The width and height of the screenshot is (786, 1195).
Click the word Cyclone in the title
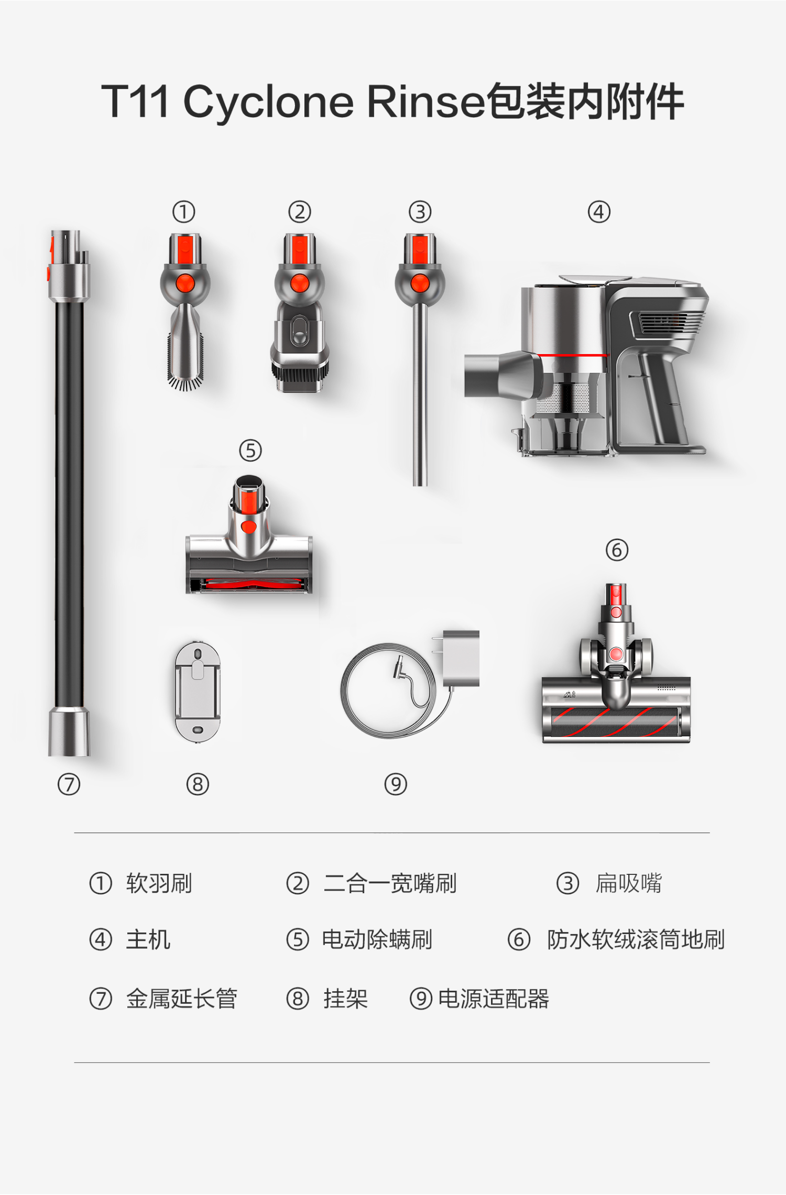268,102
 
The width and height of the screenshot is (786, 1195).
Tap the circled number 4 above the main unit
599,212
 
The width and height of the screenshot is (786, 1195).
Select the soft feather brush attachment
185,312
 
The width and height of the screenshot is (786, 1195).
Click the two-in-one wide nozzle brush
299,312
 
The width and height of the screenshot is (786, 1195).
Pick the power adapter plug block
461,658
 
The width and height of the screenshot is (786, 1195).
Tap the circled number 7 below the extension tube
69,784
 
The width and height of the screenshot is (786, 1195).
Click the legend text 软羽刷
159,883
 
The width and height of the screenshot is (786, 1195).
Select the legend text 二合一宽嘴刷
390,883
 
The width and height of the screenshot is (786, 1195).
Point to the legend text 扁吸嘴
628,883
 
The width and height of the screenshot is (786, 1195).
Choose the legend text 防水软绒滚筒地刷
636,939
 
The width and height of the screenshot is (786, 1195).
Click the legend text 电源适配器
494,999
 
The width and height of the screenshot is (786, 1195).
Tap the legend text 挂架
345,999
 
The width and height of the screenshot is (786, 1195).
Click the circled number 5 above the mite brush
250,451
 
